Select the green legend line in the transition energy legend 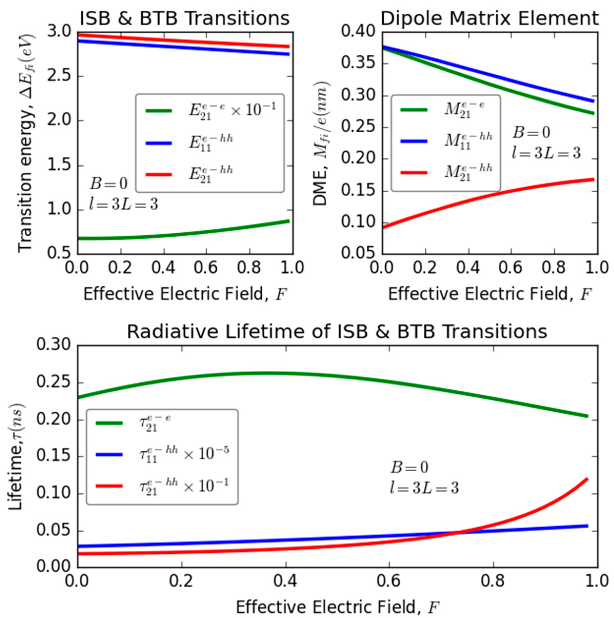pyautogui.click(x=159, y=111)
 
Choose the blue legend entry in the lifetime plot pyautogui.click(x=109, y=454)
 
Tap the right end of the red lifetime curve pyautogui.click(x=587, y=479)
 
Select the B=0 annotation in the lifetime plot pyautogui.click(x=409, y=468)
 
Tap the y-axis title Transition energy pyautogui.click(x=26, y=144)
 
